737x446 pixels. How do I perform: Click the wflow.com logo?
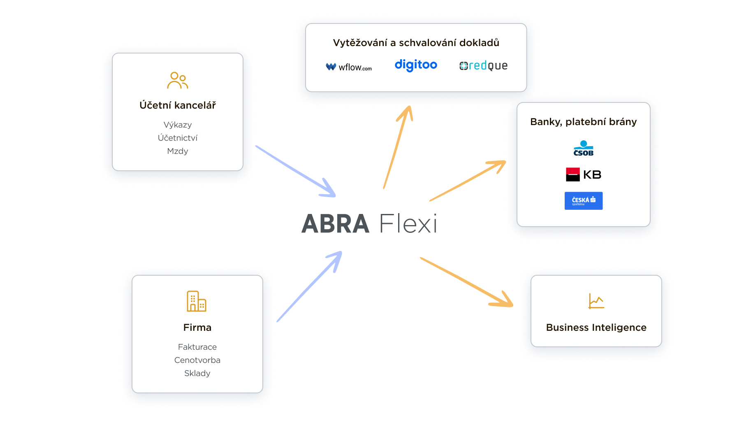349,67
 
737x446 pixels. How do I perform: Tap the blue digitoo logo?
416,65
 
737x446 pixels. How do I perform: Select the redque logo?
484,66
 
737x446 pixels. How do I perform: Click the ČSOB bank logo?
583,149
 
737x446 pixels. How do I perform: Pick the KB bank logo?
584,174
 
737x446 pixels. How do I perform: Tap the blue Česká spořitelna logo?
583,201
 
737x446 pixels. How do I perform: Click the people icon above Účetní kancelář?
177,81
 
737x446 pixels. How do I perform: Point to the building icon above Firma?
197,301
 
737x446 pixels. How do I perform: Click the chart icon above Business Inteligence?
596,301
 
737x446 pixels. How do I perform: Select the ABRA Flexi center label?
369,224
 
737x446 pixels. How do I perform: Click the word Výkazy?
177,125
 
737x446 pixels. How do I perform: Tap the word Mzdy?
177,151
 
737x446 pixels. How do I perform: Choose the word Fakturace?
197,347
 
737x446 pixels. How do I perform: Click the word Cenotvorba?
197,360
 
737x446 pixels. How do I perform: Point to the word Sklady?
197,373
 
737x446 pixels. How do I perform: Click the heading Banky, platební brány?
583,122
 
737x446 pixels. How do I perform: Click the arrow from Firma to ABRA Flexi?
308,287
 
